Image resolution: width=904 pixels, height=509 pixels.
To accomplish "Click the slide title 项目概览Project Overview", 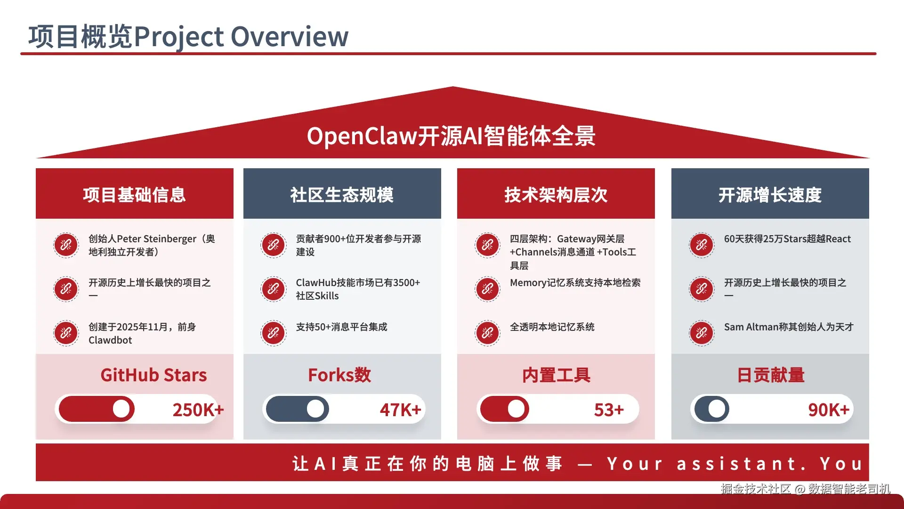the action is (x=188, y=37).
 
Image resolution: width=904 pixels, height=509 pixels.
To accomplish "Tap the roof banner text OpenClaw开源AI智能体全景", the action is (x=451, y=136).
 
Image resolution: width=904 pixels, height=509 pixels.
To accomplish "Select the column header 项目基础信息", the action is (x=135, y=195).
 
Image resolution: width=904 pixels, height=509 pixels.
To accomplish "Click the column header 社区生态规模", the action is (x=342, y=195).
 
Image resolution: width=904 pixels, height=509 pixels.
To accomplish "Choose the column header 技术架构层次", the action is (x=556, y=195).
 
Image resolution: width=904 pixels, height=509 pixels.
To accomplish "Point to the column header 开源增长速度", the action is (x=770, y=195).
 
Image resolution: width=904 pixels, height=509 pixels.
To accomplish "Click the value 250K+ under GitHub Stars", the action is (x=198, y=410).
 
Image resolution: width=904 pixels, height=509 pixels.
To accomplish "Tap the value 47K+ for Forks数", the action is (x=400, y=410).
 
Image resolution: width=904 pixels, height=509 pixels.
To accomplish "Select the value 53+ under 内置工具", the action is (x=609, y=410).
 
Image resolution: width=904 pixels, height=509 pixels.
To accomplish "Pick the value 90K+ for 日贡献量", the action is (x=829, y=410).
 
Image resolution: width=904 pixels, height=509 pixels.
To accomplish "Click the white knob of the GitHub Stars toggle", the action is (x=121, y=409).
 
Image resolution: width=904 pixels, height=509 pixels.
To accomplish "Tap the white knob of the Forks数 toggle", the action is (x=315, y=409).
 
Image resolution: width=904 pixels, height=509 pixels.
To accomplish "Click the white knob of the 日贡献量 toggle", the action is (x=717, y=409).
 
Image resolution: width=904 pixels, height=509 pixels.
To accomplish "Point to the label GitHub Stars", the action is (x=153, y=375).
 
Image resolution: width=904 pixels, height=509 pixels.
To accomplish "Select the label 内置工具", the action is (x=556, y=375).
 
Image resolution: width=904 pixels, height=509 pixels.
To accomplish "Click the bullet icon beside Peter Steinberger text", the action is (x=66, y=245).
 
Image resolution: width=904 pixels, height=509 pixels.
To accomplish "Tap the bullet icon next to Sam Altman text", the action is (x=702, y=333).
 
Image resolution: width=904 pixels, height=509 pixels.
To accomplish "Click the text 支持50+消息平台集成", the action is (x=341, y=327).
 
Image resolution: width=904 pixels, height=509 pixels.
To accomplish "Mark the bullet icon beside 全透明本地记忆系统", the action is (x=487, y=333).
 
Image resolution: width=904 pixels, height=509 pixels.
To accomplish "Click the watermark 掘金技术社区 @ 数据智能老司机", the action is (x=806, y=489).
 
